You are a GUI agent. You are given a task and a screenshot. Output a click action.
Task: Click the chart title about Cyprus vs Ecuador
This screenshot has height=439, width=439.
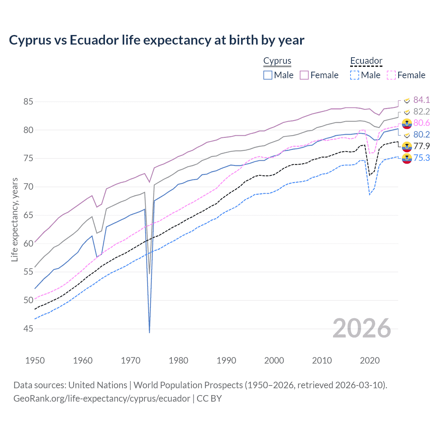click(x=156, y=40)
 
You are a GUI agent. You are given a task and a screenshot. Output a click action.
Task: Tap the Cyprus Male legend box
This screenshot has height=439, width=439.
click(x=268, y=75)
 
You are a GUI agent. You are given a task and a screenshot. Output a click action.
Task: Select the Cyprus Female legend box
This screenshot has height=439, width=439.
click(x=304, y=75)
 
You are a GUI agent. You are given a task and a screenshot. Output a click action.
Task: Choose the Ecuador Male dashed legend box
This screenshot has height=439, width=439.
click(x=355, y=75)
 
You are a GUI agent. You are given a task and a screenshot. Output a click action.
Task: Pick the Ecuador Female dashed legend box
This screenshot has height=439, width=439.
click(x=391, y=75)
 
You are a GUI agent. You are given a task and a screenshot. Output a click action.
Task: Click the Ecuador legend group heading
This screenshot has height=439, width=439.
click(x=366, y=61)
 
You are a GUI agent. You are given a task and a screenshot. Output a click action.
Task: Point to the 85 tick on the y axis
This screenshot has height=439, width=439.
click(x=28, y=102)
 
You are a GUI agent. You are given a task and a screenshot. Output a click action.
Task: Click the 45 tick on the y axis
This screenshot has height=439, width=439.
click(x=28, y=329)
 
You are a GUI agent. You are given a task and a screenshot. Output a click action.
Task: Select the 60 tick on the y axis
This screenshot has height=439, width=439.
click(x=28, y=244)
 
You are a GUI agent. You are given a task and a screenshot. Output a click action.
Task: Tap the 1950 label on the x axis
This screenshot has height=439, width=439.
click(x=35, y=360)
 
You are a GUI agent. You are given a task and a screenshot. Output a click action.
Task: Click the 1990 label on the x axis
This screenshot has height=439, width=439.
click(x=226, y=360)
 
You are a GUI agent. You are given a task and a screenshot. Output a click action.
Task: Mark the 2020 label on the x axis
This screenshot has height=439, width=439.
click(x=370, y=360)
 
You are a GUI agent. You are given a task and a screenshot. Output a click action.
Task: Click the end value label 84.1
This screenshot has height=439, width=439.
click(x=422, y=100)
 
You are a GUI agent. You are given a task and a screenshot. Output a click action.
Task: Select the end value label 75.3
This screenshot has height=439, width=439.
click(x=422, y=158)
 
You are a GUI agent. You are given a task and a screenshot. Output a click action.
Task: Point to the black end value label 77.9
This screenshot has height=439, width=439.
click(x=422, y=146)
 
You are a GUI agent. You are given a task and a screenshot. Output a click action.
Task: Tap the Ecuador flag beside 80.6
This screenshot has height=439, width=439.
click(x=407, y=123)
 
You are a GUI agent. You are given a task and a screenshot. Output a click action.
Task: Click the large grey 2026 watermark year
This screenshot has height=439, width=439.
click(x=362, y=328)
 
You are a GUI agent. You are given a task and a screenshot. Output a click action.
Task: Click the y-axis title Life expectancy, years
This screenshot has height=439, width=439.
click(x=14, y=219)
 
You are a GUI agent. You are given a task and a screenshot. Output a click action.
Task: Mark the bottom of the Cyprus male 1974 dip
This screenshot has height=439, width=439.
click(x=150, y=332)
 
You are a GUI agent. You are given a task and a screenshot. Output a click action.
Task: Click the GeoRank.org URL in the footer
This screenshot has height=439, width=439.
click(x=102, y=399)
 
